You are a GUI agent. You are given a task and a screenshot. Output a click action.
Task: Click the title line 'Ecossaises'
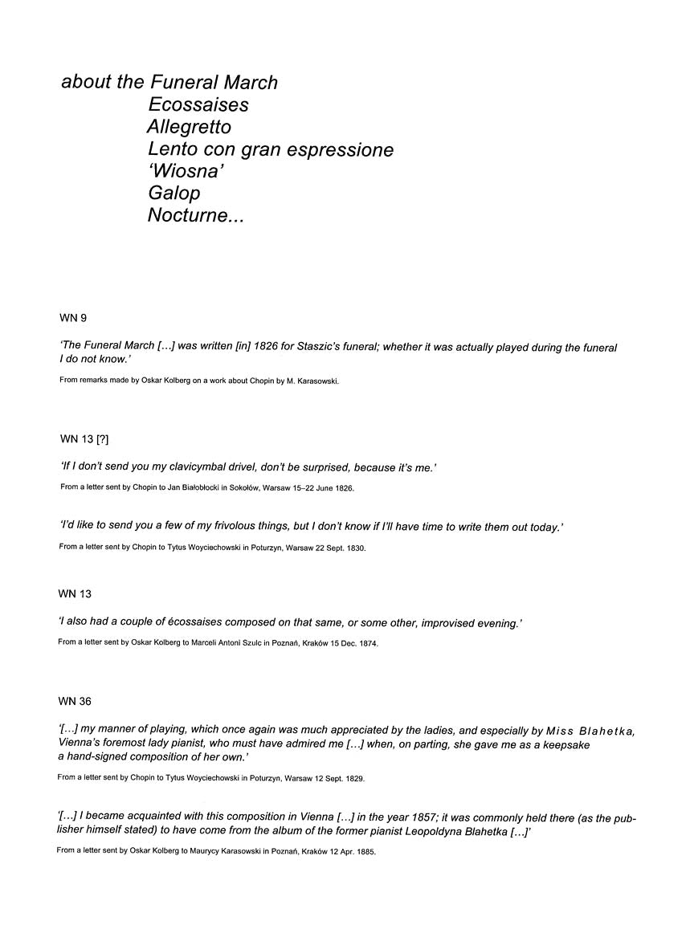[198, 105]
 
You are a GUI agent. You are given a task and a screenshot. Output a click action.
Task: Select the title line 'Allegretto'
[189, 127]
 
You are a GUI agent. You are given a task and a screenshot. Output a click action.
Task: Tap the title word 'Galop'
[174, 194]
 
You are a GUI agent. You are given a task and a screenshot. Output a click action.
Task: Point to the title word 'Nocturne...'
[194, 216]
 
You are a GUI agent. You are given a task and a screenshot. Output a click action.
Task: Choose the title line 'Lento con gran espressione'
[271, 150]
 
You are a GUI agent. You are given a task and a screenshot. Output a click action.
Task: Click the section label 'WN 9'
[73, 318]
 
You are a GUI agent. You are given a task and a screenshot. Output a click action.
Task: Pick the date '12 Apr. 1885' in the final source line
[349, 851]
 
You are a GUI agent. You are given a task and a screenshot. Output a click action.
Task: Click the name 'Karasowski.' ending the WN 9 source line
[317, 381]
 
